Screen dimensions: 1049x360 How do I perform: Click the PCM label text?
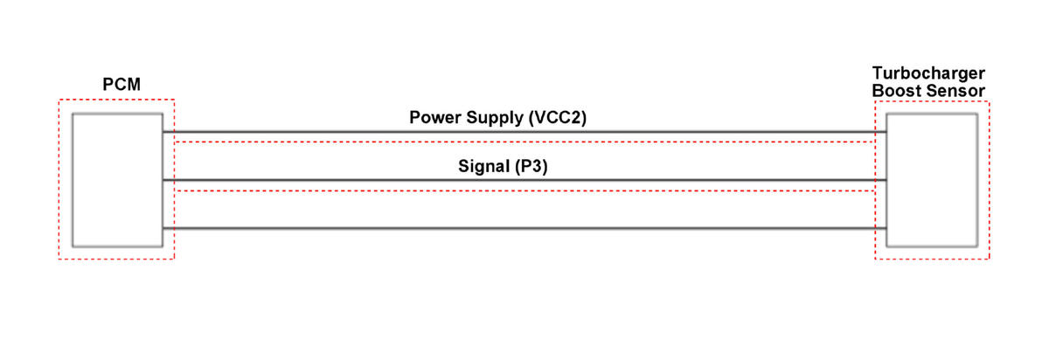(x=122, y=84)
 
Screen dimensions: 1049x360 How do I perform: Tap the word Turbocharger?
(x=928, y=73)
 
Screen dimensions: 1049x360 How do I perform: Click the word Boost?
(x=893, y=91)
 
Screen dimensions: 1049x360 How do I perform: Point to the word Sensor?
(x=953, y=91)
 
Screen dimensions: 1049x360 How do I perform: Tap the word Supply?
(x=495, y=118)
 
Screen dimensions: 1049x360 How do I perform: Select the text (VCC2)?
(x=558, y=117)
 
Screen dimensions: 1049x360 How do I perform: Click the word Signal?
(x=483, y=166)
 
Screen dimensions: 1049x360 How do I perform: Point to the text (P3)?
(x=531, y=166)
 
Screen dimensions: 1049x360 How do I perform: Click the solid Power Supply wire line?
(x=524, y=132)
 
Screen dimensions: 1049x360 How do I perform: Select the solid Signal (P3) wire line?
(x=524, y=180)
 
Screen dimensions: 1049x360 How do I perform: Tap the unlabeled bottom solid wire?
(x=524, y=228)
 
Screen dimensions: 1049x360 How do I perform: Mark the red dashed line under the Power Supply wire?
(x=524, y=142)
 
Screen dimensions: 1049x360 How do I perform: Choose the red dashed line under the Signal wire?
(x=524, y=190)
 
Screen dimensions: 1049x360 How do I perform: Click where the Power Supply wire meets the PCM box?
(x=163, y=132)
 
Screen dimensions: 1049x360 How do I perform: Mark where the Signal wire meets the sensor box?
(x=886, y=180)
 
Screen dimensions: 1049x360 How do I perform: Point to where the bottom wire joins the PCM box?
(x=163, y=228)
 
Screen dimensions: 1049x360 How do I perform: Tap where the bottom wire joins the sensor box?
(x=886, y=228)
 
